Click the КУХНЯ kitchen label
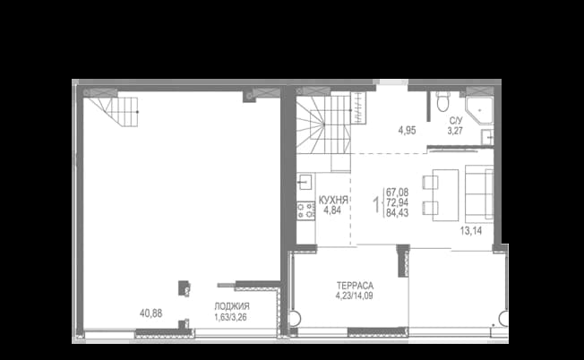333,201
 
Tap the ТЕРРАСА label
355,286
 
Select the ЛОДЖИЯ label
232,307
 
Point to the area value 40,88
150,313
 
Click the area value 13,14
471,231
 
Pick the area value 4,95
407,131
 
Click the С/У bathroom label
456,121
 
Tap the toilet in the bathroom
442,101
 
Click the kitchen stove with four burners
305,210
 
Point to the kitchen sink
305,181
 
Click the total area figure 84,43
398,213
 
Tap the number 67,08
398,193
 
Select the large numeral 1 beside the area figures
377,203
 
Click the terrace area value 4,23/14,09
354,296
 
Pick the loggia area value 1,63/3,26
230,318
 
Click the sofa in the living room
479,193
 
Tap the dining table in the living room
445,195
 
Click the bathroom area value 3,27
455,131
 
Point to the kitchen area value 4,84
332,210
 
